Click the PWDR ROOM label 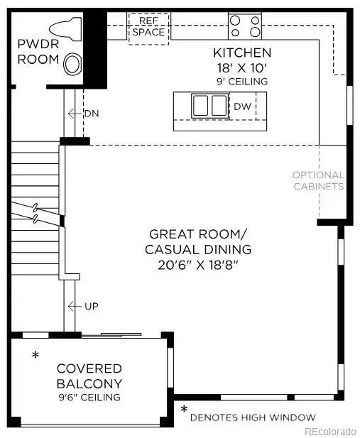tap(38, 52)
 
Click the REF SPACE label tap(149, 28)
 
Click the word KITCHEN tap(242, 53)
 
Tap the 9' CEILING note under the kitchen tap(242, 81)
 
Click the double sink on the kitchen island tap(209, 106)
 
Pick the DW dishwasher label tap(241, 106)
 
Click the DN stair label tap(91, 114)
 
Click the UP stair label tap(91, 306)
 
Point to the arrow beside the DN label tap(74, 114)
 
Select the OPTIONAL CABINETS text tap(319, 180)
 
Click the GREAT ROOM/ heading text tap(198, 234)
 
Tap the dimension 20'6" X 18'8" tap(198, 265)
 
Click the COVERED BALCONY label tap(89, 376)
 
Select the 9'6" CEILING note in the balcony tap(89, 398)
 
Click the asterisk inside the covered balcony tap(35, 355)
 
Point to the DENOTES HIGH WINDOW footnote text tap(253, 417)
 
